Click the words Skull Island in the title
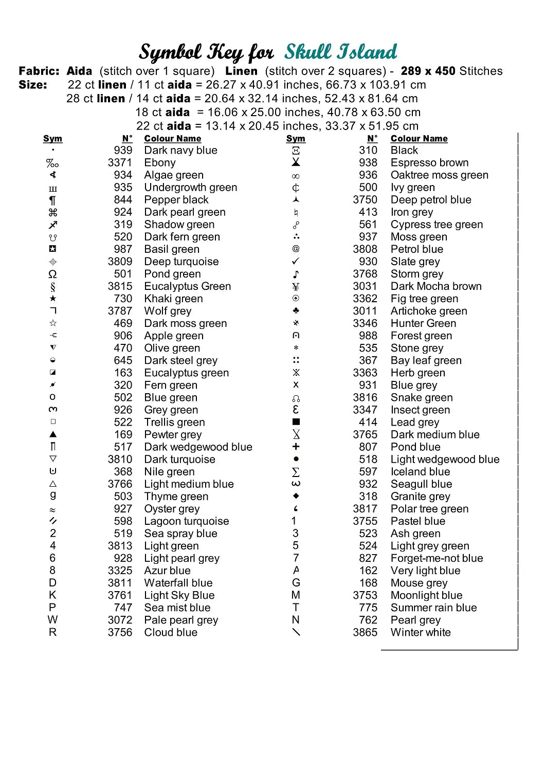(341, 52)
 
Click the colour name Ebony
(160, 163)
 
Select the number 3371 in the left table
(120, 163)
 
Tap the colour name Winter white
(421, 633)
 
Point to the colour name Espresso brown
(429, 163)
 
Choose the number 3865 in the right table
(365, 633)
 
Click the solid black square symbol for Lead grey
(296, 422)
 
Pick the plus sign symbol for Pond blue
(296, 447)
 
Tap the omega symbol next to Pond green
(52, 274)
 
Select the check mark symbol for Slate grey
(296, 262)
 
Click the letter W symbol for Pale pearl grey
(52, 620)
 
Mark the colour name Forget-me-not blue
(437, 558)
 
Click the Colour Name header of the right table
(419, 139)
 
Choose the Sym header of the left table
(52, 139)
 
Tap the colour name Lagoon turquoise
(187, 521)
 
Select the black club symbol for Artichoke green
(296, 311)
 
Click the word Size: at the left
(33, 85)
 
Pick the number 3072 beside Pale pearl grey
(120, 620)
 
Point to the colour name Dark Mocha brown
(436, 286)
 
